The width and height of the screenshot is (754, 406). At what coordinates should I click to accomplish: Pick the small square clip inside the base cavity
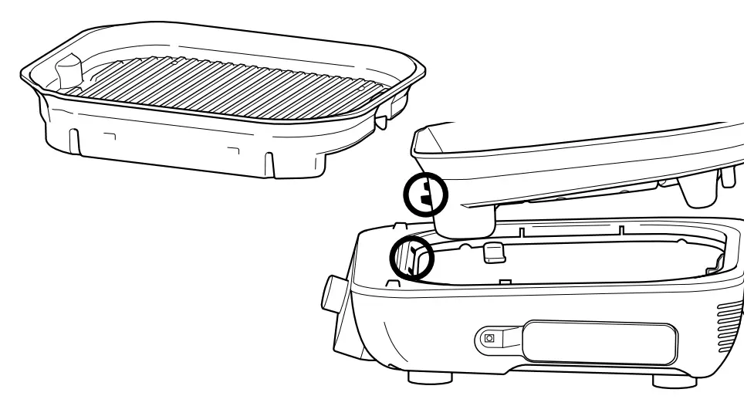pyautogui.click(x=493, y=252)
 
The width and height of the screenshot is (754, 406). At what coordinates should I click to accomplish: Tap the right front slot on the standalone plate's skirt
pyautogui.click(x=268, y=164)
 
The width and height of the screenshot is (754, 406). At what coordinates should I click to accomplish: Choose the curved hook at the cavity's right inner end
pyautogui.click(x=717, y=262)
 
